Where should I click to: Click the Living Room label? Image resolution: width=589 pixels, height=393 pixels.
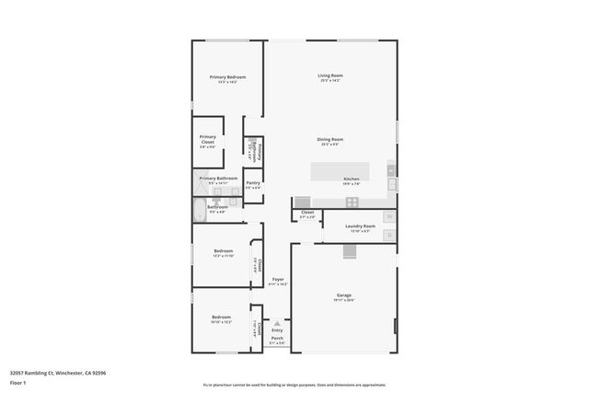(329, 75)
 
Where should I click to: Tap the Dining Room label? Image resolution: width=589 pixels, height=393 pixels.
(330, 139)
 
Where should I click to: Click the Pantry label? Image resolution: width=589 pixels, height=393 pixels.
(253, 183)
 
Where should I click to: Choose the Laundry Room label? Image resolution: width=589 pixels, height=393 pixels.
(360, 225)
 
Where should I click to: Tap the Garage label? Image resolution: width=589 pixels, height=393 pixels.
(343, 295)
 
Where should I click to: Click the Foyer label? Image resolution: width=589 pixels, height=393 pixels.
(277, 279)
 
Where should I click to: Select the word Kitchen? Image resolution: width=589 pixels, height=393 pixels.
(351, 179)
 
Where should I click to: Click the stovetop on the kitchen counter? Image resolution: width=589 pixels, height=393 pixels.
(302, 202)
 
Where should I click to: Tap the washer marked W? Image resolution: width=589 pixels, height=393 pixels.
(390, 217)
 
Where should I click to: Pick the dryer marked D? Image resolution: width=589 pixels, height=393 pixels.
(390, 236)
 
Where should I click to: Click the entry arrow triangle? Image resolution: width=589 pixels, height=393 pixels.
(277, 323)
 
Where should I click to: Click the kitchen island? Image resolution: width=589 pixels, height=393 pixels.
(341, 169)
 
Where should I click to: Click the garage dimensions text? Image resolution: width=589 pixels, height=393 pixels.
(343, 300)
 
